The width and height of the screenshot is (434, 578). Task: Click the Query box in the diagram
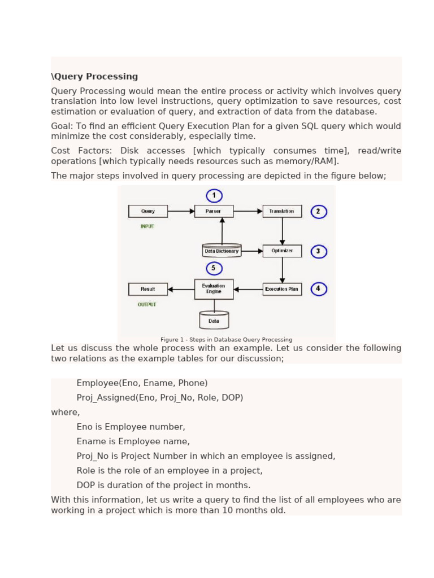pyautogui.click(x=148, y=211)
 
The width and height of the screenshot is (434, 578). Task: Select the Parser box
pyautogui.click(x=214, y=211)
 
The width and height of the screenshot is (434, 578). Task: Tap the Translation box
pyautogui.click(x=282, y=211)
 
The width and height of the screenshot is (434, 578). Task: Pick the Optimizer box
pyautogui.click(x=282, y=251)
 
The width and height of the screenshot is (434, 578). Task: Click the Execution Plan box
pyautogui.click(x=282, y=289)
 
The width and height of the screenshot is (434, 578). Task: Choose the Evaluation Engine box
pyautogui.click(x=214, y=289)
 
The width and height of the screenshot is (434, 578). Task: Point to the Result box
pyautogui.click(x=148, y=289)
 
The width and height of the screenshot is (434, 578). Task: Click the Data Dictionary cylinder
pyautogui.click(x=222, y=251)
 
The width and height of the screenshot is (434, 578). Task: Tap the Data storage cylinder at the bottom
pyautogui.click(x=214, y=321)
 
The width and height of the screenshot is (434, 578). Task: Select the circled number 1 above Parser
pyautogui.click(x=214, y=196)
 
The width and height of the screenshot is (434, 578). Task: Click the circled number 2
pyautogui.click(x=319, y=212)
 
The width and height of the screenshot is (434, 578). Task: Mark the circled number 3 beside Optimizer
pyautogui.click(x=319, y=251)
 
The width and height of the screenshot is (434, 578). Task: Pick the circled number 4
pyautogui.click(x=319, y=289)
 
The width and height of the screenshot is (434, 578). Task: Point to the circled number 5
pyautogui.click(x=214, y=269)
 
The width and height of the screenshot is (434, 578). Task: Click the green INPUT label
pyautogui.click(x=147, y=226)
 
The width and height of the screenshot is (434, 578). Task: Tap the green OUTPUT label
pyautogui.click(x=147, y=304)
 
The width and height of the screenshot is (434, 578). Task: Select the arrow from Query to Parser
pyautogui.click(x=181, y=211)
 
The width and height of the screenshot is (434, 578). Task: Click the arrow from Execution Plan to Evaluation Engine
pyautogui.click(x=248, y=290)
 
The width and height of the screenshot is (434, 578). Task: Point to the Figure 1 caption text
pyautogui.click(x=226, y=340)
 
